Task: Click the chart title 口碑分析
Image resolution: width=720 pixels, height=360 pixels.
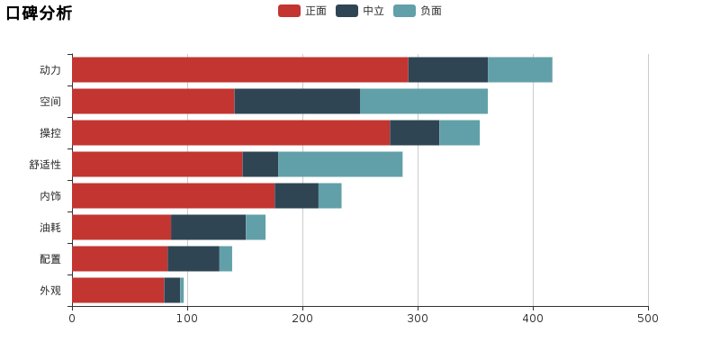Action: click(x=39, y=13)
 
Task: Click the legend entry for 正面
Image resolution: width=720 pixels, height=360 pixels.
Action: click(x=302, y=11)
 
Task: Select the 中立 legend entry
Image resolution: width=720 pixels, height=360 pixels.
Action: click(x=360, y=11)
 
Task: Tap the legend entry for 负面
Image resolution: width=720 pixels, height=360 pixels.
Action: click(x=418, y=11)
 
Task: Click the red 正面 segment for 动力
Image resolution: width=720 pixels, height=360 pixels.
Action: click(x=239, y=69)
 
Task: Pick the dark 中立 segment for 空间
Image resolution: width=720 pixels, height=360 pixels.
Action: click(x=297, y=101)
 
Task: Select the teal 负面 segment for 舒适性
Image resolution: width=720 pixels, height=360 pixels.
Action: click(x=340, y=164)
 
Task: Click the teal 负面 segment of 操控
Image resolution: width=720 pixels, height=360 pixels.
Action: click(x=459, y=132)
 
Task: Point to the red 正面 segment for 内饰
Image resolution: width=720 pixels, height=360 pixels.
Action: click(x=173, y=195)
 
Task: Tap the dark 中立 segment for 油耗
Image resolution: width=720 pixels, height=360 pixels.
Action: click(x=208, y=227)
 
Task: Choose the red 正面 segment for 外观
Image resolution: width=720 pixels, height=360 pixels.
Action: click(x=118, y=290)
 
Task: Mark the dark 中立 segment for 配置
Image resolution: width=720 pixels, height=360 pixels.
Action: click(x=193, y=258)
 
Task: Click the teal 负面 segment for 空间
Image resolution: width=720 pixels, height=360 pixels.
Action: click(x=424, y=101)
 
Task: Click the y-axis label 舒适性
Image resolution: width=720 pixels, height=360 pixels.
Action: click(x=45, y=165)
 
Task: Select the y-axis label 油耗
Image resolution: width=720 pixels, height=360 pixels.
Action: click(x=50, y=228)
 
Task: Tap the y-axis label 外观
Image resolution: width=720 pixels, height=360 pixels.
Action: click(x=50, y=291)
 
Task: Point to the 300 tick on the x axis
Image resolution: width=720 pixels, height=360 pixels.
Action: click(x=418, y=318)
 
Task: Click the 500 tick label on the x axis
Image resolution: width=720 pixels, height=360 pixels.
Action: click(x=648, y=318)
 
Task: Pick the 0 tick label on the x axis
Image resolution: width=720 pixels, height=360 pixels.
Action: click(x=72, y=318)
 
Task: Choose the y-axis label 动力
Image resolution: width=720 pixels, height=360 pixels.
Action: click(x=50, y=70)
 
